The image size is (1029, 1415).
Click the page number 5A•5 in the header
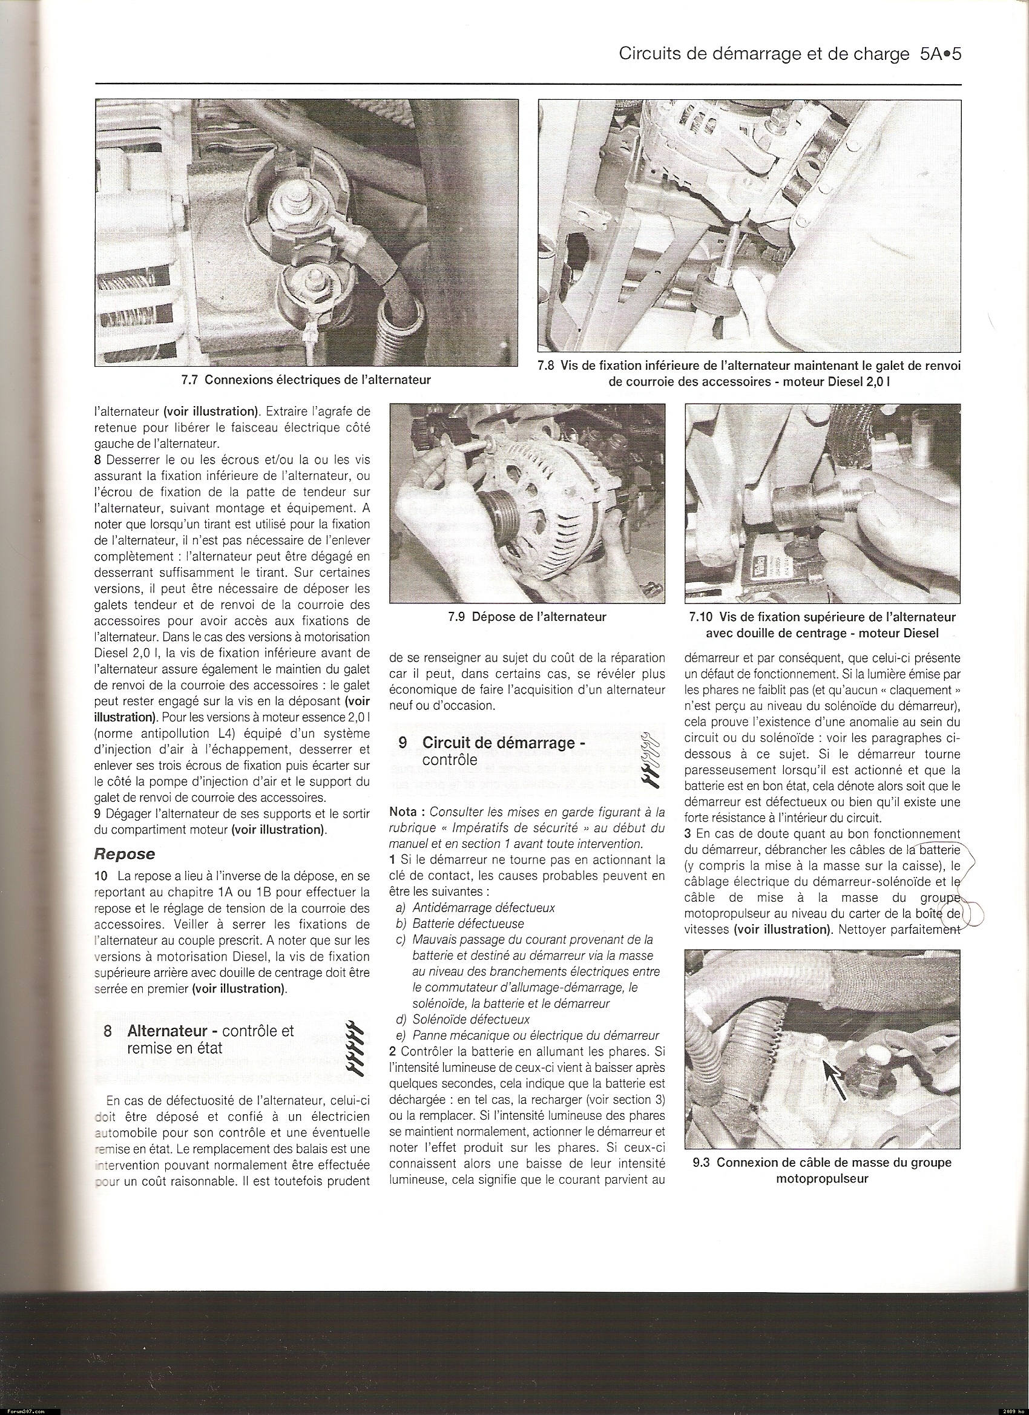(x=940, y=55)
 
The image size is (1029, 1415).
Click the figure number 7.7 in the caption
(x=191, y=379)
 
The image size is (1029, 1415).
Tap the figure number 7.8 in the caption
(x=546, y=367)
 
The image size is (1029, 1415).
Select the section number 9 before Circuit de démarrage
(x=403, y=743)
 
